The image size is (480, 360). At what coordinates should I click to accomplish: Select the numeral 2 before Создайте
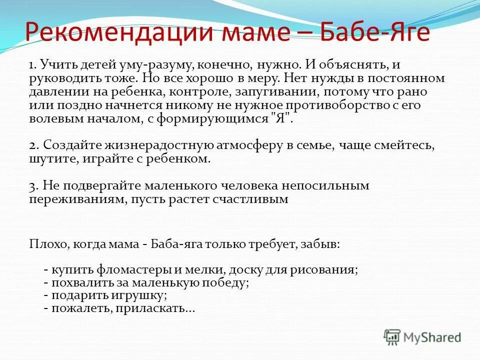(32, 145)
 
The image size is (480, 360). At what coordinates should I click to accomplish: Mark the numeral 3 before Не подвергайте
(32, 186)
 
